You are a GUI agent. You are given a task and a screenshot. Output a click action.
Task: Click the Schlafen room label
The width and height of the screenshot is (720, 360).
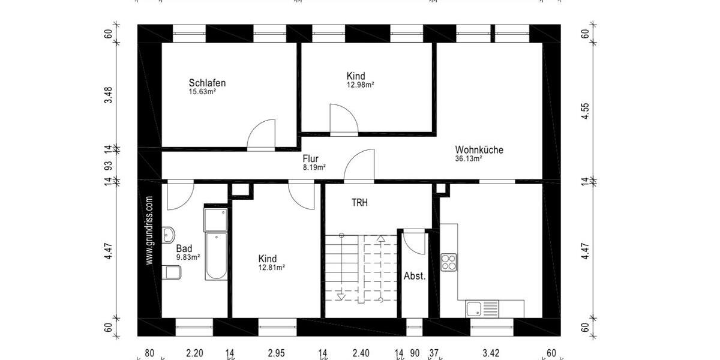click(x=207, y=83)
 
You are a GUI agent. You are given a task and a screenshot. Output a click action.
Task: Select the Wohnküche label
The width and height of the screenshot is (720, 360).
click(x=479, y=150)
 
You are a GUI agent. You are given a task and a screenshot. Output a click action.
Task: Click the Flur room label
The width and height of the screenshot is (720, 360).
click(x=310, y=159)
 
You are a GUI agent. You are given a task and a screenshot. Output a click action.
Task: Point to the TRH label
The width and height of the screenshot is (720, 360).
click(x=359, y=203)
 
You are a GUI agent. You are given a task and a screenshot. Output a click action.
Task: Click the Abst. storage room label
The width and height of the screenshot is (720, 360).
click(x=415, y=277)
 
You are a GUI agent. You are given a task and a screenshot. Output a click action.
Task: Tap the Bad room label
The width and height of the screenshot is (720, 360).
click(x=184, y=248)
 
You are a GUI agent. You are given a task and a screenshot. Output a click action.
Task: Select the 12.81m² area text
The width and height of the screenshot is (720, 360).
click(x=271, y=268)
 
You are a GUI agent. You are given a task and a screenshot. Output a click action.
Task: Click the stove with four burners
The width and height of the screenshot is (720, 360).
click(x=449, y=262)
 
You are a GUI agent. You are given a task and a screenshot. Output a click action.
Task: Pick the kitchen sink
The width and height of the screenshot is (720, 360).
click(x=482, y=308)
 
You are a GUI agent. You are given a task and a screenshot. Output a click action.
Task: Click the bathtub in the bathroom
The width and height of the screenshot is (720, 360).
click(x=215, y=257)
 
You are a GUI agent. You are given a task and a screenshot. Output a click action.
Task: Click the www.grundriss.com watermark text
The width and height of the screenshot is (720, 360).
click(x=149, y=230)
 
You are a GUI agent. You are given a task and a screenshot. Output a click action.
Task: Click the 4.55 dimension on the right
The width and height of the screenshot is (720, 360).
click(x=586, y=112)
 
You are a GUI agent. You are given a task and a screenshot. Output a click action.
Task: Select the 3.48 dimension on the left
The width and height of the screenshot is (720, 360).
click(x=109, y=96)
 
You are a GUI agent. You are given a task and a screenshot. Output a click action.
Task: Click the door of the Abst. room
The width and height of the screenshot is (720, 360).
click(x=413, y=241)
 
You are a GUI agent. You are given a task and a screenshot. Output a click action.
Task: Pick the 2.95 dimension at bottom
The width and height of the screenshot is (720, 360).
click(x=276, y=353)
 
